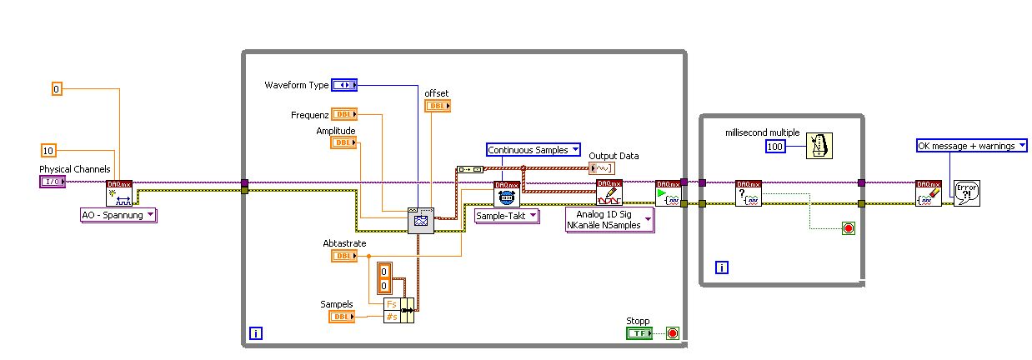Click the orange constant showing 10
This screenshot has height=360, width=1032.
click(48, 151)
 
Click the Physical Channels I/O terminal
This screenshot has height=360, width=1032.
click(53, 182)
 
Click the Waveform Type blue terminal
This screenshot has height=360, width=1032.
click(343, 85)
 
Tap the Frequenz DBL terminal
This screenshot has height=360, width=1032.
click(344, 115)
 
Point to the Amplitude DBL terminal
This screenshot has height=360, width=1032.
click(344, 142)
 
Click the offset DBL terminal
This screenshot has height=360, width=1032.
click(438, 106)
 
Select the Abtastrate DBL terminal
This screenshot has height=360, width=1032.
click(344, 256)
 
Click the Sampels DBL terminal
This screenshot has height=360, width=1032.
click(343, 317)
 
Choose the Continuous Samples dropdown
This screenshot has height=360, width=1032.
click(533, 150)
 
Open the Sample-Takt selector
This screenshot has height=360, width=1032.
click(507, 216)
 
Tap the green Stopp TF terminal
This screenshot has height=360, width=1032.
click(639, 333)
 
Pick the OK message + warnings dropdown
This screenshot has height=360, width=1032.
click(971, 146)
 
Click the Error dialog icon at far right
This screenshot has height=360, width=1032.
click(966, 193)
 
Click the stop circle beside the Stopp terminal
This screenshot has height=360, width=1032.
click(673, 333)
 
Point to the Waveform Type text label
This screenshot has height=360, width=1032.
click(297, 85)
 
